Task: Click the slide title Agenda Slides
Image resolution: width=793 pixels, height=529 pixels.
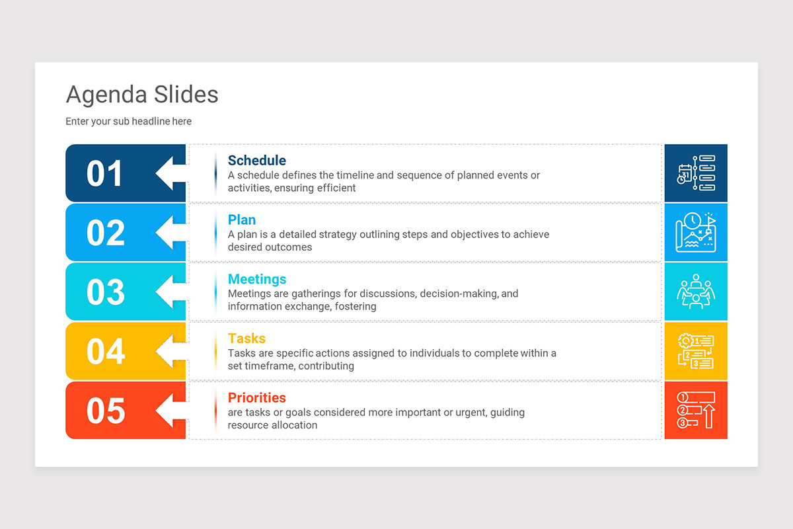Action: [x=142, y=95]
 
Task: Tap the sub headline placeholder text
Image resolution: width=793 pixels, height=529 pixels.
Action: [x=128, y=122]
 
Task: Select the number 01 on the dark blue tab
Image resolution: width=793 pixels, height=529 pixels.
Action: [x=104, y=173]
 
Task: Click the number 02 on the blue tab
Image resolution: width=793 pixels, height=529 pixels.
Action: [x=105, y=233]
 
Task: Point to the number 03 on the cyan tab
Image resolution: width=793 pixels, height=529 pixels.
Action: [x=105, y=292]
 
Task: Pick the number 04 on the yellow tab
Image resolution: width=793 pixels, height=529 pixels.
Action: [x=105, y=351]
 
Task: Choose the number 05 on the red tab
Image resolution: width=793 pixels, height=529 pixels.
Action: [x=105, y=411]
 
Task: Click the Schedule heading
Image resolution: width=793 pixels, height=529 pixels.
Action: [x=256, y=161]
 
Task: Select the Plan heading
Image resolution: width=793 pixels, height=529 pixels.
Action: [x=241, y=220]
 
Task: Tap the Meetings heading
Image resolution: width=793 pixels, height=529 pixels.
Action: [x=256, y=279]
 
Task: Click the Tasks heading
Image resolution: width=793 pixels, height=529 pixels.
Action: [x=246, y=339]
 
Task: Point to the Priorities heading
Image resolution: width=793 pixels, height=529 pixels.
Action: [x=256, y=398]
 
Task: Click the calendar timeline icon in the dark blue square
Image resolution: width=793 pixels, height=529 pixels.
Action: [x=696, y=173]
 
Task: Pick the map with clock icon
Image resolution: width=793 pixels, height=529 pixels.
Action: [x=696, y=233]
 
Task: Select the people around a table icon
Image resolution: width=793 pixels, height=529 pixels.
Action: [x=696, y=292]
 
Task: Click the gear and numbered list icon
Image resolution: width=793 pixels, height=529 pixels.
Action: [x=696, y=351]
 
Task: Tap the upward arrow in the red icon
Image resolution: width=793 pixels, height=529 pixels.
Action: [x=709, y=417]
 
